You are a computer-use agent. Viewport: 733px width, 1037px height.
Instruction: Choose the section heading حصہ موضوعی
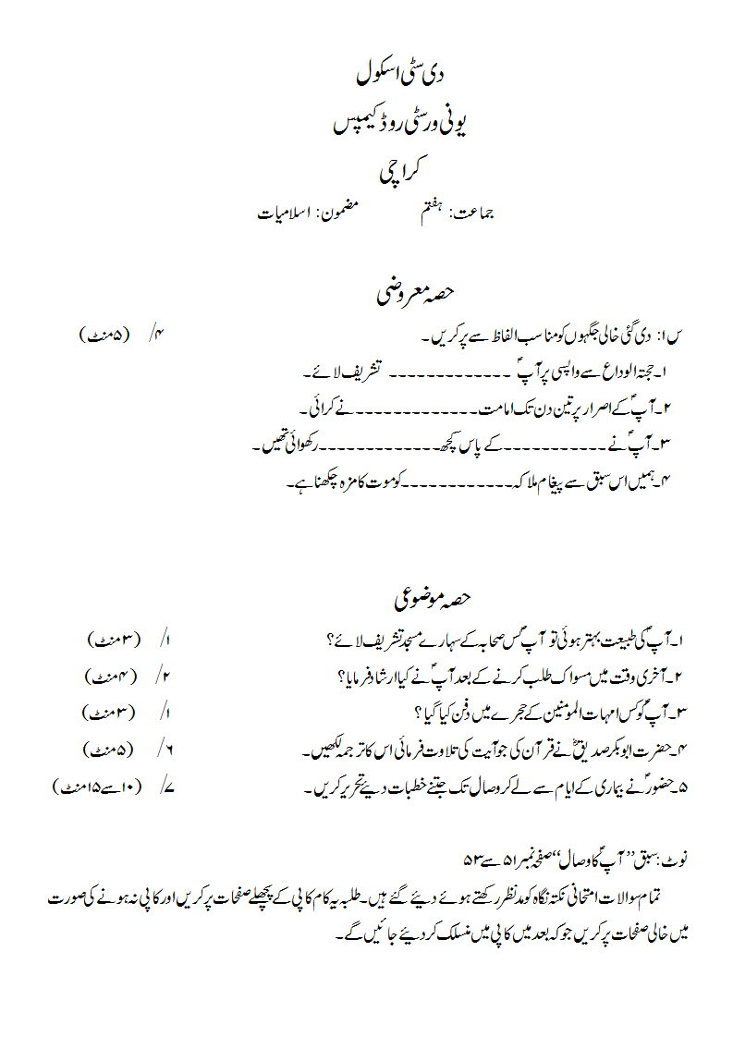(x=433, y=598)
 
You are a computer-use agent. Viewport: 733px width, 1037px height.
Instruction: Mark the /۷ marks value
(x=166, y=788)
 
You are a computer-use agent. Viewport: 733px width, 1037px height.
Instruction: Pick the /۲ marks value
(x=166, y=676)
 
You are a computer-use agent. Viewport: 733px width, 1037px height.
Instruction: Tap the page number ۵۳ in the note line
(x=474, y=860)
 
